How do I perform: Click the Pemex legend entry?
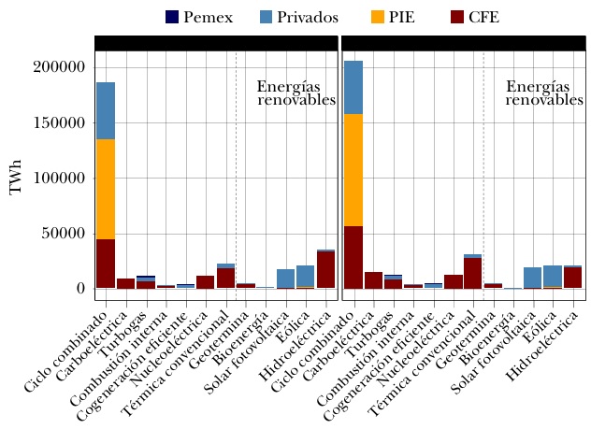pos(197,18)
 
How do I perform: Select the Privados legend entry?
pos(300,18)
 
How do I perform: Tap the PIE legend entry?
pos(394,18)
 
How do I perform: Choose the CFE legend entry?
pos(475,18)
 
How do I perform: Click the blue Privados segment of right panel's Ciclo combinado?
pos(353,88)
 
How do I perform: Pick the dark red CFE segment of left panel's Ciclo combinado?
pos(106,264)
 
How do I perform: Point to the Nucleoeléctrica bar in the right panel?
pos(453,281)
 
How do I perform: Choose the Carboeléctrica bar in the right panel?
pos(373,279)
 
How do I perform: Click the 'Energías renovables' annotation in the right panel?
pos(544,93)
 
